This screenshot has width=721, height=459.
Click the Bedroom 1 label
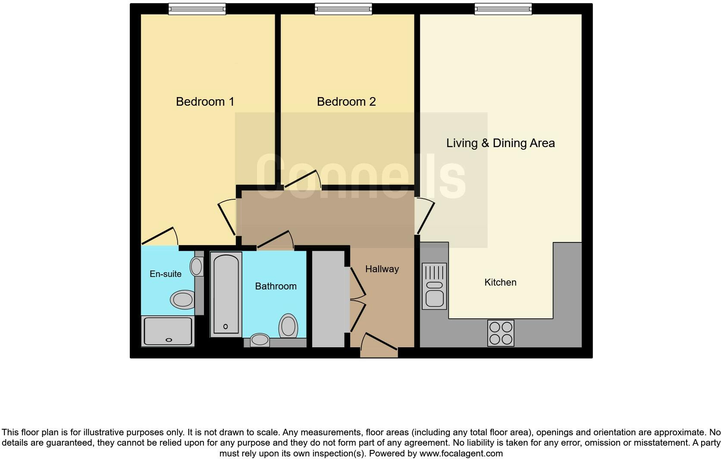(x=205, y=102)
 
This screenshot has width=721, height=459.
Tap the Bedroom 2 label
(x=346, y=102)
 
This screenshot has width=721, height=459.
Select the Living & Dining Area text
(x=500, y=143)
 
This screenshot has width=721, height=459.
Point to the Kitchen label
(x=500, y=283)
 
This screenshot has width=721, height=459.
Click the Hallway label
(x=382, y=269)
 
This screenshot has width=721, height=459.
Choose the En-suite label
(x=166, y=274)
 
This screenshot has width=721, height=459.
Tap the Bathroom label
(x=276, y=286)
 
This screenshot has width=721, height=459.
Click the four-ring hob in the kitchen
(x=501, y=333)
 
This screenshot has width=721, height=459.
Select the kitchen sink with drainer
(x=434, y=286)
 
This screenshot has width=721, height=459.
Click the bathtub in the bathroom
(x=226, y=294)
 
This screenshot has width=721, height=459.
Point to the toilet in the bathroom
(x=288, y=327)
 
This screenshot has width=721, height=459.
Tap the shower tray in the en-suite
(x=168, y=331)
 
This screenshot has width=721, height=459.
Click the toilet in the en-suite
(x=182, y=299)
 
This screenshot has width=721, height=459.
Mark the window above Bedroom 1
(x=197, y=9)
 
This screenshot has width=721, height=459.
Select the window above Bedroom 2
(x=343, y=9)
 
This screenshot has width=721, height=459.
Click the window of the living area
(x=503, y=9)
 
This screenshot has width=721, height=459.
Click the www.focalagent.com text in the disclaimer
(x=461, y=453)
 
